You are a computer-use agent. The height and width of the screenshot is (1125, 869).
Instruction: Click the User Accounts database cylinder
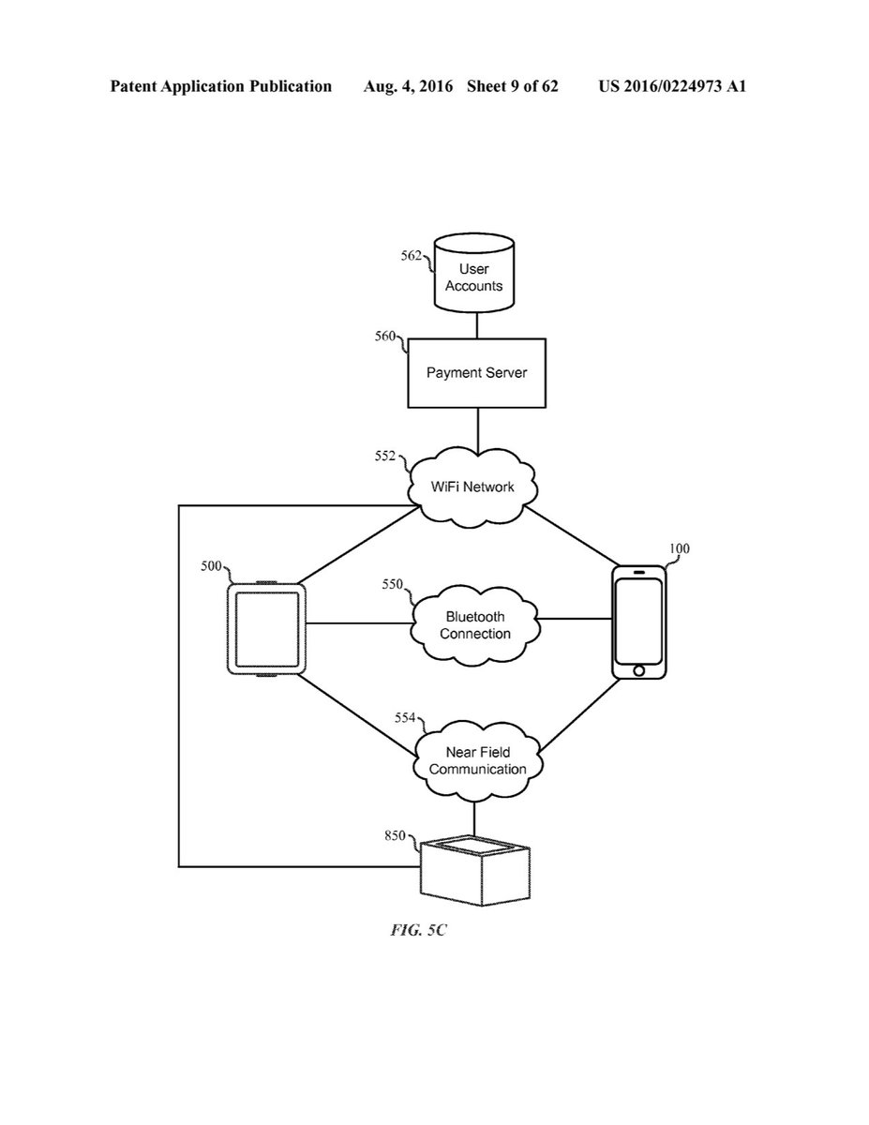pyautogui.click(x=474, y=277)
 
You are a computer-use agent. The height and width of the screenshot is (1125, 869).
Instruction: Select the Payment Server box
pyautogui.click(x=476, y=372)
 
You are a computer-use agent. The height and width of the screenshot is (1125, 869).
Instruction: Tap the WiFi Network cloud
pyautogui.click(x=473, y=487)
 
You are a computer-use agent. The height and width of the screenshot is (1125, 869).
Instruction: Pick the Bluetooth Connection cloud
pyautogui.click(x=474, y=625)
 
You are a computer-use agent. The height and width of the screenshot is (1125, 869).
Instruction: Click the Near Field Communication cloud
pyautogui.click(x=473, y=761)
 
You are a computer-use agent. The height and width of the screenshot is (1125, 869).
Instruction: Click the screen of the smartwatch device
pyautogui.click(x=267, y=628)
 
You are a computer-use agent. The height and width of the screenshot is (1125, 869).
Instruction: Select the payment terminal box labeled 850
pyautogui.click(x=475, y=867)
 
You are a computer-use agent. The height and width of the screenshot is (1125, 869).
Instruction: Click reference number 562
pyautogui.click(x=412, y=255)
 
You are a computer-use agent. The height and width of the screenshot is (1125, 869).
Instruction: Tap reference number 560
pyautogui.click(x=385, y=337)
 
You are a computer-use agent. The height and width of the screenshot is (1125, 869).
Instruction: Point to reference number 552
pyautogui.click(x=385, y=457)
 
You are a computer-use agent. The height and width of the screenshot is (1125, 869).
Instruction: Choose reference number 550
pyautogui.click(x=392, y=584)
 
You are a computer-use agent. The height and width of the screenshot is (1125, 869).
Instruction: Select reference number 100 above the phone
pyautogui.click(x=678, y=548)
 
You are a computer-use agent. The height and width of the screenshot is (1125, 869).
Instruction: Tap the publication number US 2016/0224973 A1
pyautogui.click(x=672, y=86)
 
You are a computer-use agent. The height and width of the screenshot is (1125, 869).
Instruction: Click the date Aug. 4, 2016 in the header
pyautogui.click(x=415, y=86)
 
